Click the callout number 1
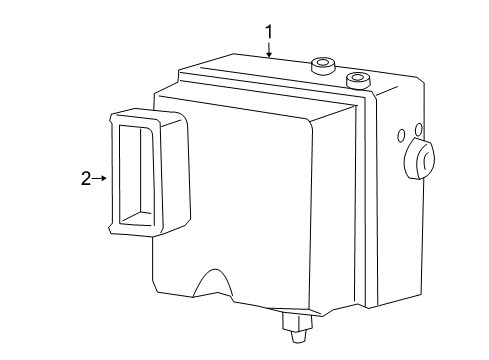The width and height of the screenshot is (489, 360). (x=268, y=33)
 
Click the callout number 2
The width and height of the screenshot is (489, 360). (x=86, y=179)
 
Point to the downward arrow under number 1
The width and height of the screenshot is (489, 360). (x=268, y=51)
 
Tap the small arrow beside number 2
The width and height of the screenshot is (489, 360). (x=100, y=179)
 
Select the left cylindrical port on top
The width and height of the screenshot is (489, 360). (x=322, y=67)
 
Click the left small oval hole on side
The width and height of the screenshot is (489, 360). (x=399, y=134)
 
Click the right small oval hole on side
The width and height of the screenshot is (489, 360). (x=418, y=129)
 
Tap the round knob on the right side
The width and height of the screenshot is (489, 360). (x=421, y=160)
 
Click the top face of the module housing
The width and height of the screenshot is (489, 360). (x=270, y=72)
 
